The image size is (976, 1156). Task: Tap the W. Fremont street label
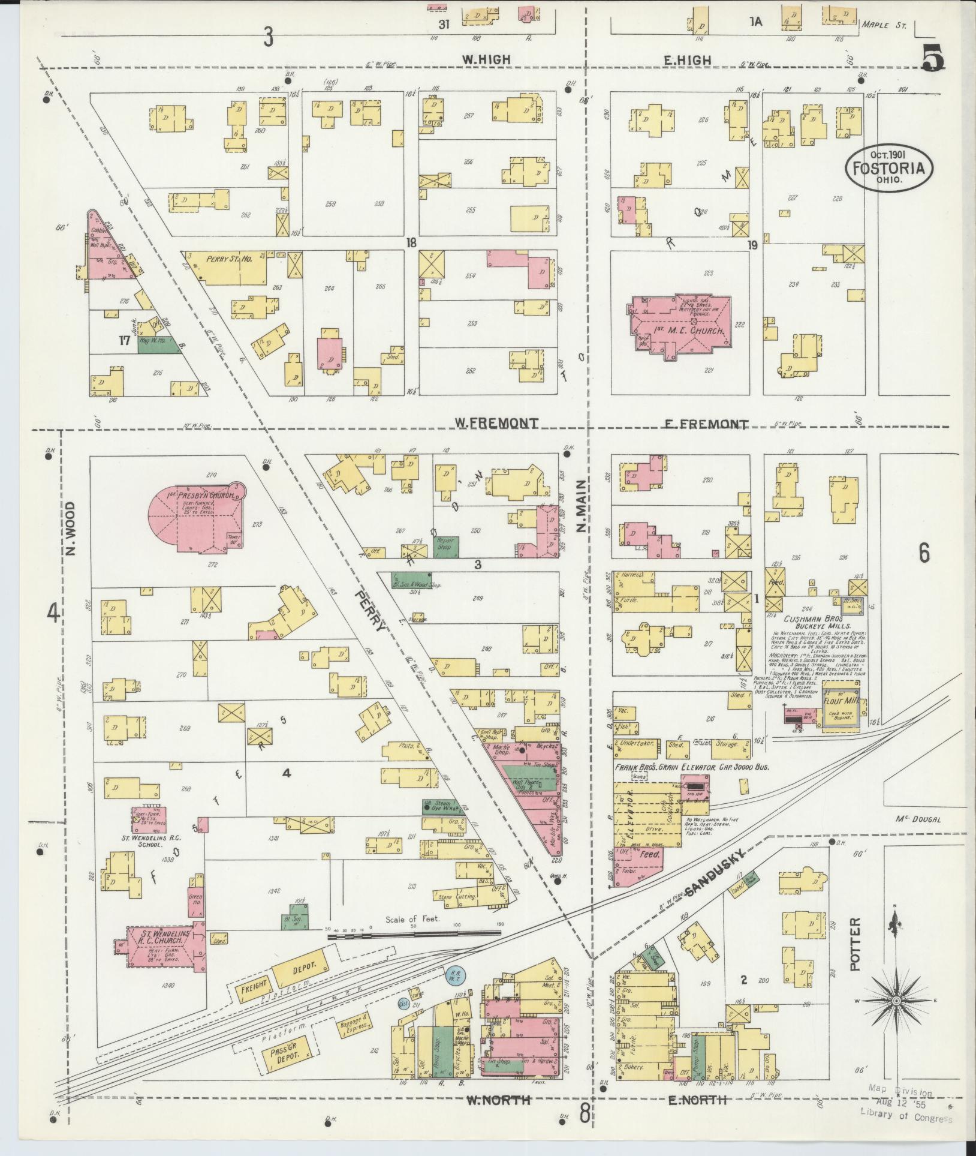(495, 423)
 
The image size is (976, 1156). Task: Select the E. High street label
(688, 60)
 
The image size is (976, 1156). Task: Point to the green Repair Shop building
(446, 544)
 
